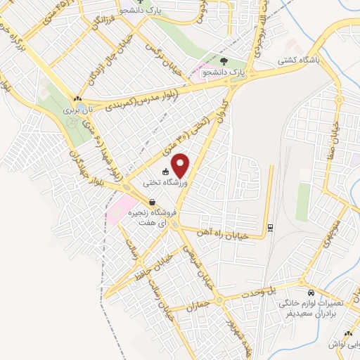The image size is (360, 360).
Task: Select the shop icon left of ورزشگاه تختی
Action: (x=165, y=171)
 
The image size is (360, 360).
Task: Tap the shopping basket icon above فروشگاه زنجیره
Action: (x=152, y=202)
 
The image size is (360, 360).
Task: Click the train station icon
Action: (x=270, y=226)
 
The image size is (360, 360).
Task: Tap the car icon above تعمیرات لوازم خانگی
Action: (x=310, y=292)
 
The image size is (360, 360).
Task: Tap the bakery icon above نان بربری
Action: (x=77, y=99)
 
